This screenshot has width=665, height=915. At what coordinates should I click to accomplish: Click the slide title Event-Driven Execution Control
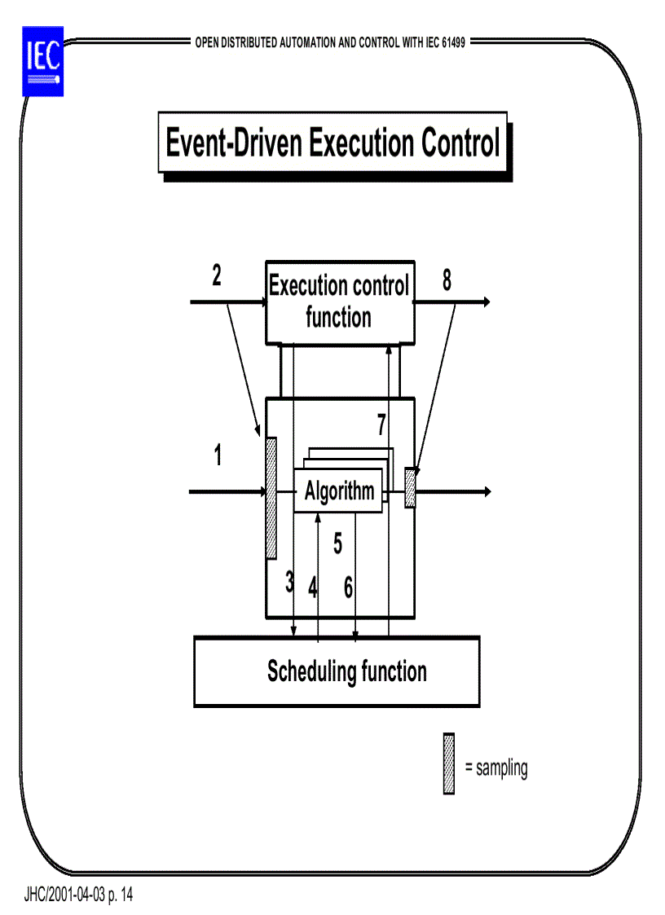click(332, 143)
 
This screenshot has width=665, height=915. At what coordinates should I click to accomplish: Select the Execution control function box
click(339, 301)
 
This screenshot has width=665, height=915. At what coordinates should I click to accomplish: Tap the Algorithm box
click(338, 491)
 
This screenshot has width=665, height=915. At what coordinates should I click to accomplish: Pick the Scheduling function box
click(336, 671)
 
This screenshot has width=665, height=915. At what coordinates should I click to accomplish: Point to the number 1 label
click(218, 456)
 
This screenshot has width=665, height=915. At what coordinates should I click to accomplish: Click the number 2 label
click(217, 276)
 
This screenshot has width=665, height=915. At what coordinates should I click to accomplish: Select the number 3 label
click(288, 582)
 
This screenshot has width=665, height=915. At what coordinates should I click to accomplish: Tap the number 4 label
click(312, 587)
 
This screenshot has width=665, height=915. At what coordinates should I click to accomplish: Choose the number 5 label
click(337, 543)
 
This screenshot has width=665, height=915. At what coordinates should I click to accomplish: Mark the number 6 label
click(348, 587)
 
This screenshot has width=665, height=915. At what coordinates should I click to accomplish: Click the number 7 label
click(381, 425)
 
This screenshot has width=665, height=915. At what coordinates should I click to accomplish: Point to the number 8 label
click(447, 280)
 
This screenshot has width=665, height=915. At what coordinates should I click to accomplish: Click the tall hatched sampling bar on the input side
click(271, 497)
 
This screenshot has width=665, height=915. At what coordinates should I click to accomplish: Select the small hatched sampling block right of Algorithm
click(410, 488)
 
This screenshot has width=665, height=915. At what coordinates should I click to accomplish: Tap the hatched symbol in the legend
click(448, 763)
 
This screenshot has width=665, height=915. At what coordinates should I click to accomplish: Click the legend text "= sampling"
click(495, 768)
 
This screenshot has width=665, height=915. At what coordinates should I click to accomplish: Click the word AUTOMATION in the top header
click(306, 42)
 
